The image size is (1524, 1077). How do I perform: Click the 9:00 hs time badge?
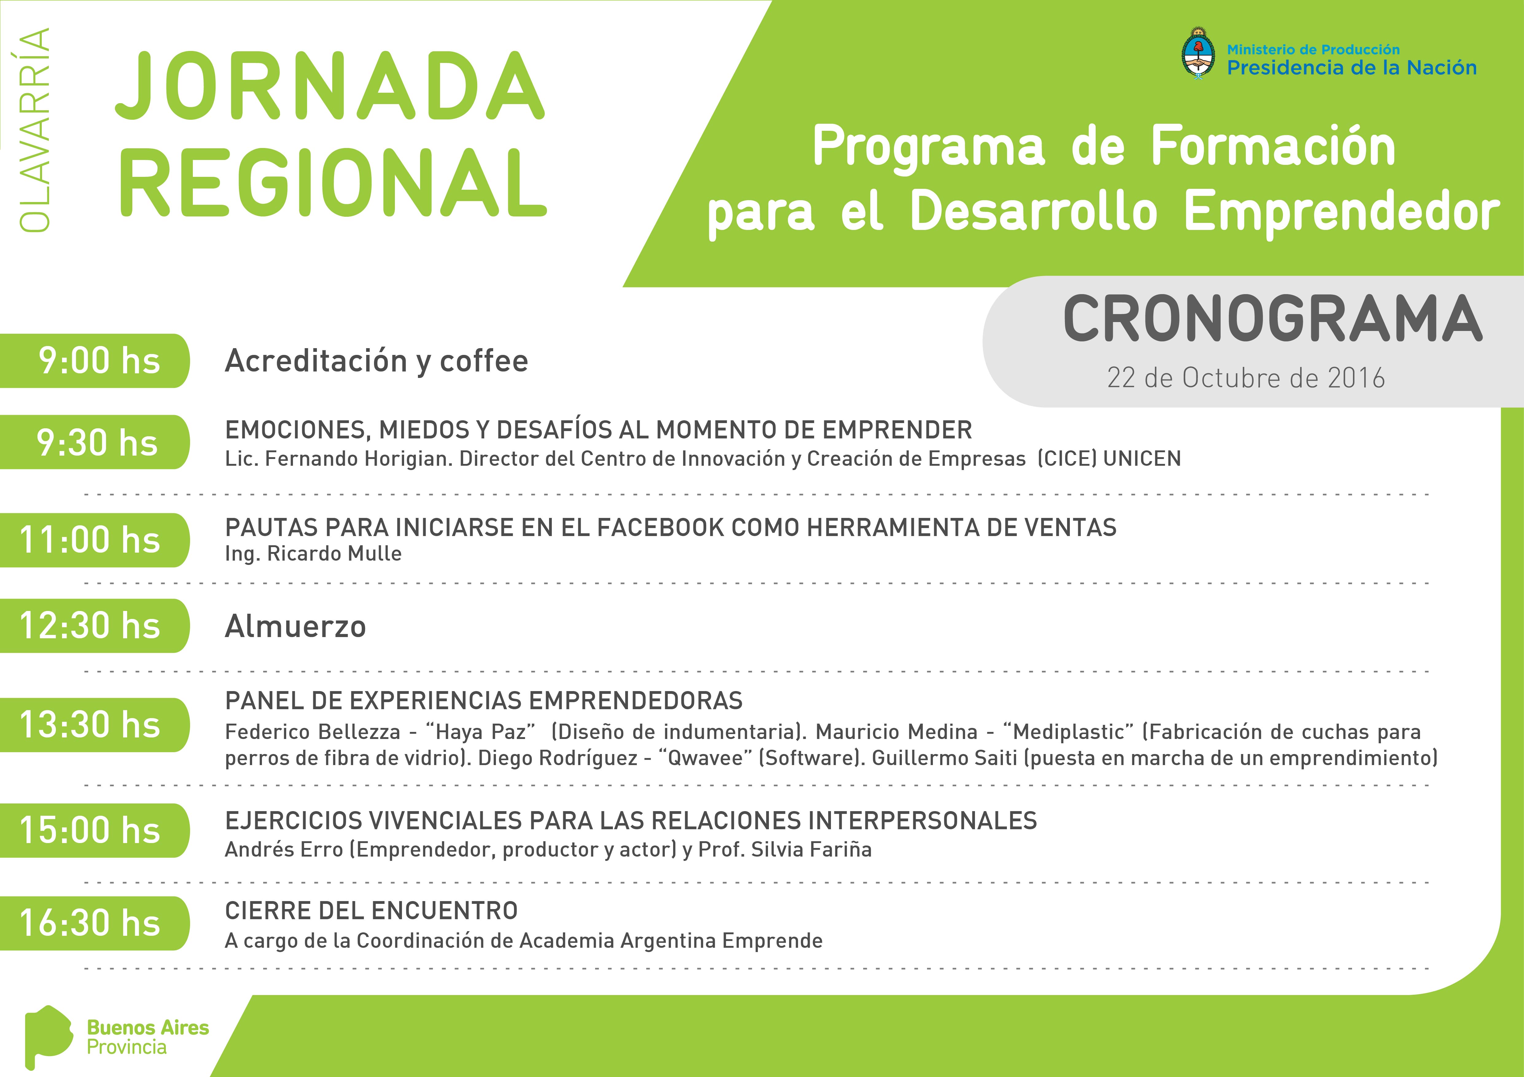[95, 361]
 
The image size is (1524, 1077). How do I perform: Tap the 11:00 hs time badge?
[95, 540]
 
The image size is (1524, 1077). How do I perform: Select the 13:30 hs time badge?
[95, 725]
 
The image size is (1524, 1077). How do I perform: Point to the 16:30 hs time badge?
[95, 923]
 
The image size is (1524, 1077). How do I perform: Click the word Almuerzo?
[295, 626]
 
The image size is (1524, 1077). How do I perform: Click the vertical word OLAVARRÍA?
[34, 130]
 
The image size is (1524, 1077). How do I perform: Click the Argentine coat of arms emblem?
[1199, 54]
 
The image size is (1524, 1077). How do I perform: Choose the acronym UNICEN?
[1142, 459]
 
